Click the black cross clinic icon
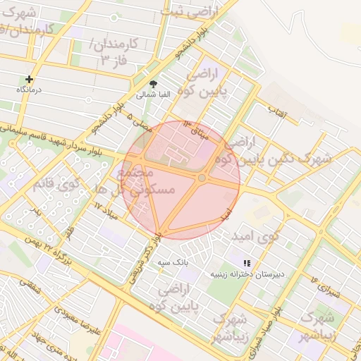[x=29, y=80]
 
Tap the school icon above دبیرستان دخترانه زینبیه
[x=247, y=263]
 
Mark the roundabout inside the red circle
[x=202, y=178]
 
